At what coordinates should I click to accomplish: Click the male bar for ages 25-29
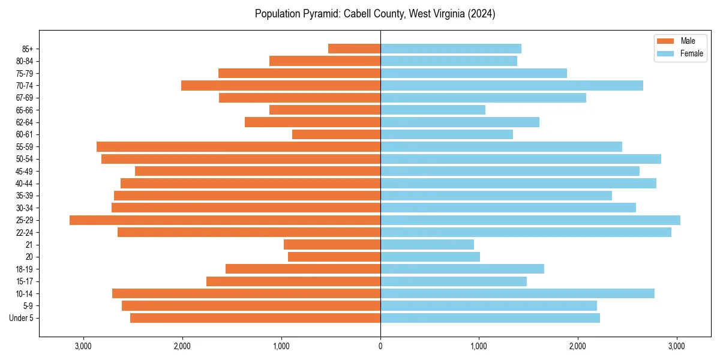[225, 220]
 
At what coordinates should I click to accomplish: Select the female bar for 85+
[451, 49]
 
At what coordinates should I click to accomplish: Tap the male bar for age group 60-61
[336, 134]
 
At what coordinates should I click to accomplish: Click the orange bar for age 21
[332, 245]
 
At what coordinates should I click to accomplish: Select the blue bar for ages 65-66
[433, 110]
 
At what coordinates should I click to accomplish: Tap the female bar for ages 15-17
[454, 281]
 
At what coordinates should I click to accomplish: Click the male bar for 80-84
[325, 61]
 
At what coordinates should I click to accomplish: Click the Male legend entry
[688, 41]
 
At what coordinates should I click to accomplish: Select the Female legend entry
[691, 53]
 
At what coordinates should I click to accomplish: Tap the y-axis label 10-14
[25, 294]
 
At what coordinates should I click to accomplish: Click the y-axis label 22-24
[25, 233]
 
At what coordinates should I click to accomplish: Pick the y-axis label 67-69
[25, 98]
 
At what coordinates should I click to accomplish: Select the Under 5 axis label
[22, 318]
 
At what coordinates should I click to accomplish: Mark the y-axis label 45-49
[25, 172]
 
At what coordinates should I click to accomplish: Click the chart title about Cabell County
[375, 14]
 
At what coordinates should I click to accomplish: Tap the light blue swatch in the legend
[665, 53]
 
